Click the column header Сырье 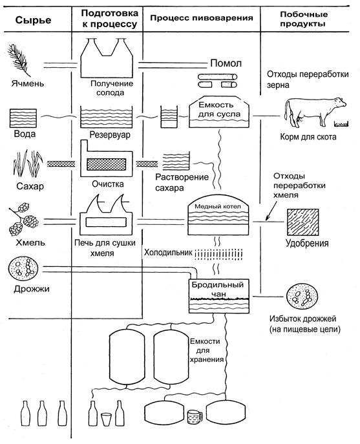pyautogui.click(x=33, y=20)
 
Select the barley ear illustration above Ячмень pyautogui.click(x=19, y=61)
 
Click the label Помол pyautogui.click(x=226, y=63)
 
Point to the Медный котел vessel pyautogui.click(x=218, y=215)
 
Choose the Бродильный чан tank pyautogui.click(x=219, y=296)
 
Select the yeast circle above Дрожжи pyautogui.click(x=23, y=269)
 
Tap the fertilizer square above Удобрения pyautogui.click(x=302, y=222)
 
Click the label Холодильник pyautogui.click(x=168, y=252)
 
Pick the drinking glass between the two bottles pyautogui.click(x=106, y=419)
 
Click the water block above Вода pyautogui.click(x=23, y=118)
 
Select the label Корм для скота pyautogui.click(x=308, y=137)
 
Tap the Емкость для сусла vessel pyautogui.click(x=219, y=112)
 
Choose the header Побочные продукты pyautogui.click(x=303, y=19)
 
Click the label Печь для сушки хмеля pyautogui.click(x=105, y=248)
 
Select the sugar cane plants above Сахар pyautogui.click(x=28, y=164)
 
